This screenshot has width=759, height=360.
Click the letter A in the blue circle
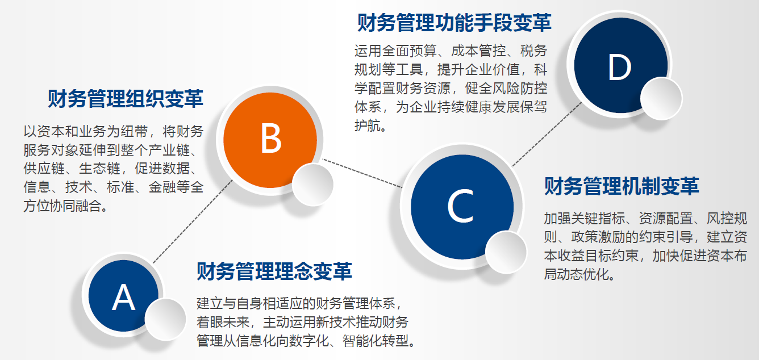click(x=123, y=297)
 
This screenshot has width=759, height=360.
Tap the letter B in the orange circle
click(x=270, y=139)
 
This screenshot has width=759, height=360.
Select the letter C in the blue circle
click(x=460, y=206)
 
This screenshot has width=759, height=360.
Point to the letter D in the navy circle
click(x=619, y=67)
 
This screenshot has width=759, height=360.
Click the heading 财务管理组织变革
click(x=126, y=99)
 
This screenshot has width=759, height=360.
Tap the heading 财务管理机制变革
click(x=622, y=186)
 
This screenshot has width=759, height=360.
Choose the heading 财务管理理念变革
click(x=274, y=271)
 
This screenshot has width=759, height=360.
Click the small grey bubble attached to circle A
click(x=165, y=319)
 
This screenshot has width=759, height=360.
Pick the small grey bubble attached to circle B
click(x=312, y=185)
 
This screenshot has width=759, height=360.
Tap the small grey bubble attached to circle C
click(x=506, y=252)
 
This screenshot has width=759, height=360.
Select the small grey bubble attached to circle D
click(x=661, y=99)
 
